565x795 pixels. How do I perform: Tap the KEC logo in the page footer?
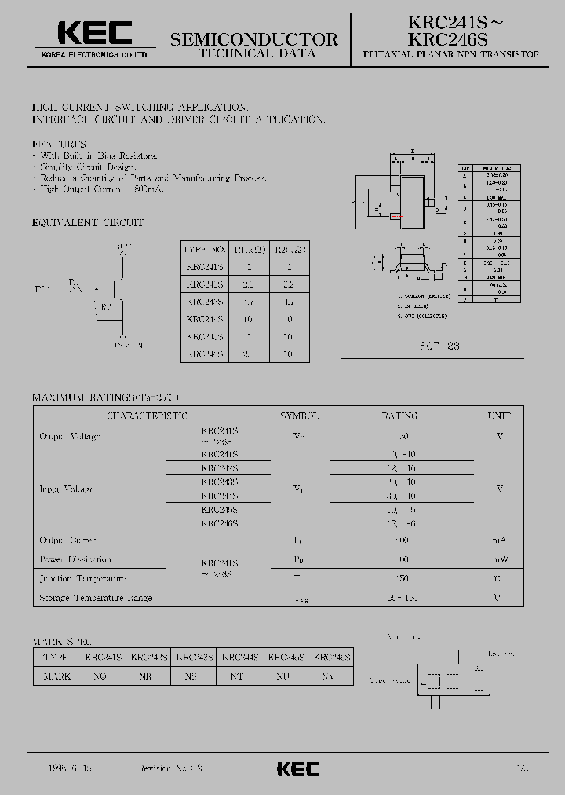click(299, 768)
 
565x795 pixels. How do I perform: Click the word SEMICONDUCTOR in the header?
click(254, 39)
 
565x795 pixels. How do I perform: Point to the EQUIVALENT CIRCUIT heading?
click(88, 223)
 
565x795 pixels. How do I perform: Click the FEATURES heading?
click(59, 144)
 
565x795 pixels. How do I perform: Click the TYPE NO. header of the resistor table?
click(203, 250)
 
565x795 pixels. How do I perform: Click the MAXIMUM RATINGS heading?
click(105, 397)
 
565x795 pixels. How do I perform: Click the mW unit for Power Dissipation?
click(499, 559)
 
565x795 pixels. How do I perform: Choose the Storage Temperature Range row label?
click(96, 598)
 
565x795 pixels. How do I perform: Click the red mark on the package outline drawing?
click(398, 189)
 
